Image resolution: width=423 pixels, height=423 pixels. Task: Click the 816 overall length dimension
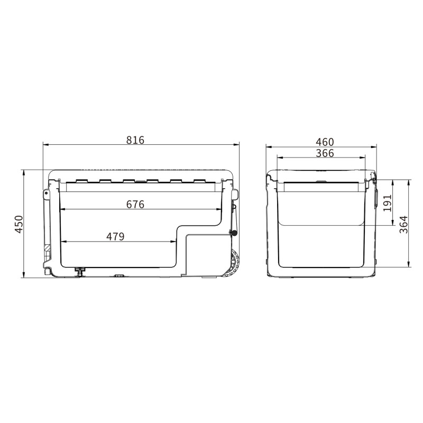[x=135, y=140]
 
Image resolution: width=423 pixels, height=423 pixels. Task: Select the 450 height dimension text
[x=19, y=224]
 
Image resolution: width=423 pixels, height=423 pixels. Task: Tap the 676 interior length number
[x=135, y=205]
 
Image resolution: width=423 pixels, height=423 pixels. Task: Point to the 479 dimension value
[x=115, y=236]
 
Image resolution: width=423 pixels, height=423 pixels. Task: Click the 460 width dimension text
[x=325, y=142]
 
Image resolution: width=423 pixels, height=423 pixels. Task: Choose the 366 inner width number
[x=325, y=153]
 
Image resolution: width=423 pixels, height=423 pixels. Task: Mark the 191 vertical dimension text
[x=387, y=203]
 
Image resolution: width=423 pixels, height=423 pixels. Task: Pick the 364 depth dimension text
[x=404, y=224]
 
